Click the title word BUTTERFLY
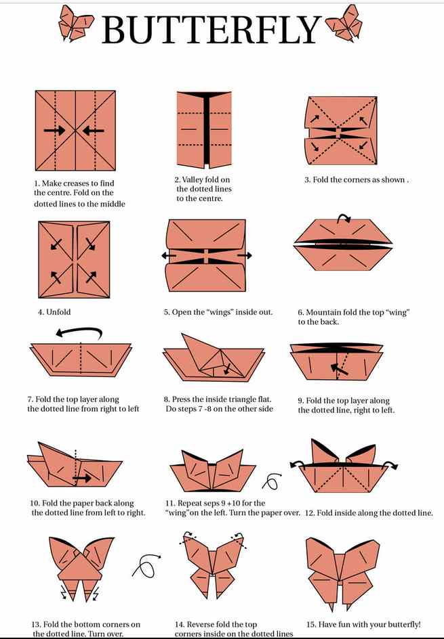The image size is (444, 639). [211, 29]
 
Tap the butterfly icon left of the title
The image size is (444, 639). [75, 24]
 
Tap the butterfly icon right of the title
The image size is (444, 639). [344, 24]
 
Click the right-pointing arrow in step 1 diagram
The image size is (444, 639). [55, 131]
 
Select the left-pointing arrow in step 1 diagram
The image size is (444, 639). [93, 131]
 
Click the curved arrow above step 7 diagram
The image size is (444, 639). [79, 332]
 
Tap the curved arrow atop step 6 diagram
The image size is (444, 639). [344, 218]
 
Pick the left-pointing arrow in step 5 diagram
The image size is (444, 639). [168, 256]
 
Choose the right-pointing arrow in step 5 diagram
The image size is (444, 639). [245, 255]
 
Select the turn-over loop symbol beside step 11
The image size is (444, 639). [271, 481]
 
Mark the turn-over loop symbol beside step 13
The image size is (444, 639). [146, 565]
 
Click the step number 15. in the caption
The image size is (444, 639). [311, 624]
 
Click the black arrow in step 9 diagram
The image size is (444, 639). [340, 369]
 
